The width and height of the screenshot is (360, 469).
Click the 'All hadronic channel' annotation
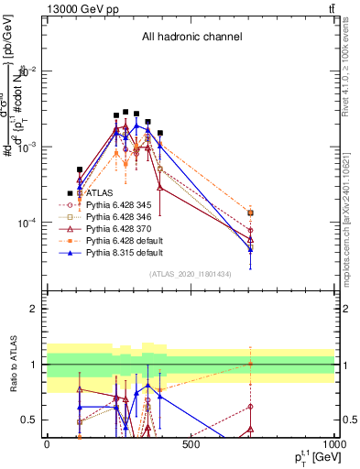[191, 38]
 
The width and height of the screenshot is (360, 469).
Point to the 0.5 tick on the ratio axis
[33, 420]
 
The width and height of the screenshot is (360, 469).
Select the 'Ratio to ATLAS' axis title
[12, 364]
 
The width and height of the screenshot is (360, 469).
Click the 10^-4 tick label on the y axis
[26, 223]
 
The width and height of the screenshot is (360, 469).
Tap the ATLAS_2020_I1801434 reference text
[191, 274]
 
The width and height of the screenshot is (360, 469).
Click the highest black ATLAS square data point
[125, 112]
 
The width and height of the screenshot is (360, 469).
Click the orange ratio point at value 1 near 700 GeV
[250, 365]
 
